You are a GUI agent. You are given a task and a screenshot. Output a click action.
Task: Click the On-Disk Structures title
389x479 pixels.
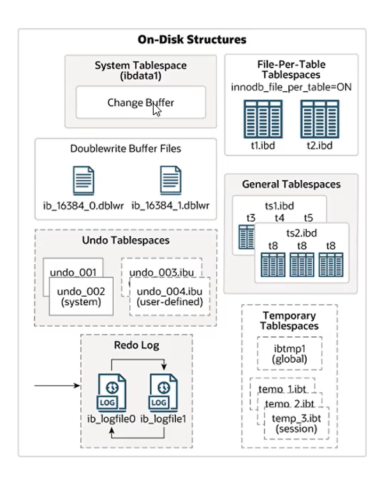[192, 39]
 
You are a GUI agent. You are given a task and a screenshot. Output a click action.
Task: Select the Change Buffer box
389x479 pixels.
[140, 102]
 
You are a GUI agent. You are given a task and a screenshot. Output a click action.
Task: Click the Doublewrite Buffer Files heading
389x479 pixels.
[126, 148]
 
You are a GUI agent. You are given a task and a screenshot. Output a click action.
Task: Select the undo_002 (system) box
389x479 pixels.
[80, 296]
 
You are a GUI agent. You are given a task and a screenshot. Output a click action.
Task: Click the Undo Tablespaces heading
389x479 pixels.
[126, 240]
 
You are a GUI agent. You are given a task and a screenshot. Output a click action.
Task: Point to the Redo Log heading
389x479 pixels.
[136, 345]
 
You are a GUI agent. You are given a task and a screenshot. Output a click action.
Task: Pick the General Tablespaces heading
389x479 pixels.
[291, 184]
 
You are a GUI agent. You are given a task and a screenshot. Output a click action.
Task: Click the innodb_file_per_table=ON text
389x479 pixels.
[291, 87]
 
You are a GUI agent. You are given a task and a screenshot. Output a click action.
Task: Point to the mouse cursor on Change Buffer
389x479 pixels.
[156, 108]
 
